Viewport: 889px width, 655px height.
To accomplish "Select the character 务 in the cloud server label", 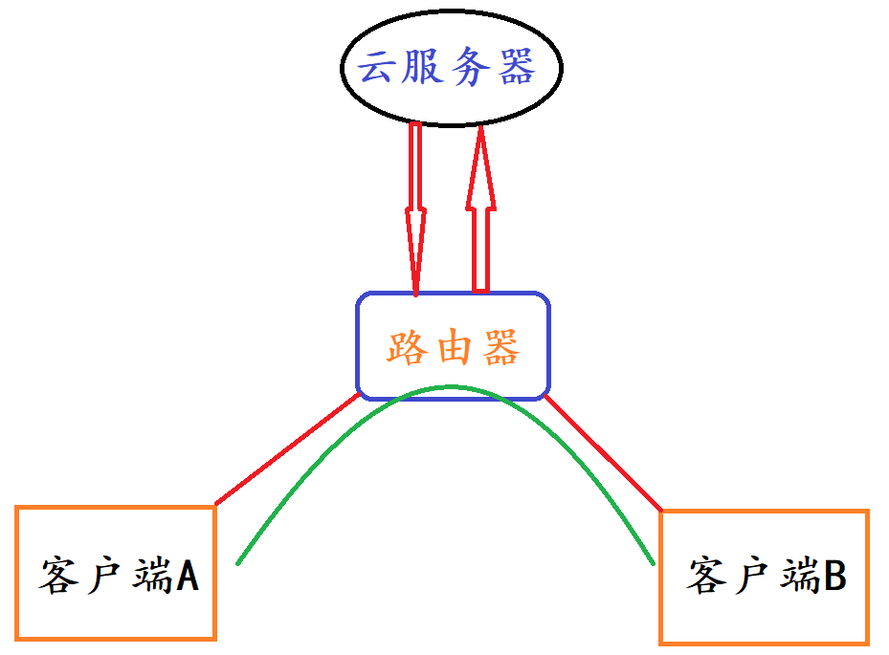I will pos(471,68).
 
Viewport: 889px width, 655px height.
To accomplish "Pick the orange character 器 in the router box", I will pos(500,347).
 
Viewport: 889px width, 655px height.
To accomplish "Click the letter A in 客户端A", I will pos(187,577).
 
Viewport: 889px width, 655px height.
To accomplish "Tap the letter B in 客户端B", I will pos(834,577).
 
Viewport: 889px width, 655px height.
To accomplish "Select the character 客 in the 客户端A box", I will pos(59,577).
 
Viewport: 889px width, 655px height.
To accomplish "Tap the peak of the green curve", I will pos(450,386).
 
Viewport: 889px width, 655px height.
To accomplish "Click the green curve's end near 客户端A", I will pos(237,562).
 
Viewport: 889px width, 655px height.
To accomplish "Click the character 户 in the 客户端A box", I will pos(103,577).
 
